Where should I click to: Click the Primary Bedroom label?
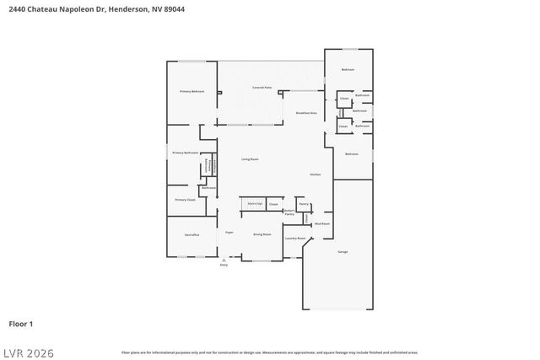coord(192,91)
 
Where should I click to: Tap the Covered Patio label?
coord(262,88)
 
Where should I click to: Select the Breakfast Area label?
coord(305,113)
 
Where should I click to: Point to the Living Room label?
coord(250,159)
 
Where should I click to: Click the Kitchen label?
coord(315,175)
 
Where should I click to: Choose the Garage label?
coord(343,252)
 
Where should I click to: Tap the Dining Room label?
coord(262,234)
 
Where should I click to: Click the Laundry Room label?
coord(294,239)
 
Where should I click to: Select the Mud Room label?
coord(321,224)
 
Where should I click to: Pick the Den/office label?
coord(192,234)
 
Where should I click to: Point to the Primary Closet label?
coord(185,200)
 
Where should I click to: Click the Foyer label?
coord(229,232)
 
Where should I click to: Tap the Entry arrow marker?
coord(224,261)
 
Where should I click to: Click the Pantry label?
coord(303,204)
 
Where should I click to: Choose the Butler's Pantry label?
coord(289,213)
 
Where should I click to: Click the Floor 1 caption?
coord(20,324)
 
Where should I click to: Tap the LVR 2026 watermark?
coord(27,349)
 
